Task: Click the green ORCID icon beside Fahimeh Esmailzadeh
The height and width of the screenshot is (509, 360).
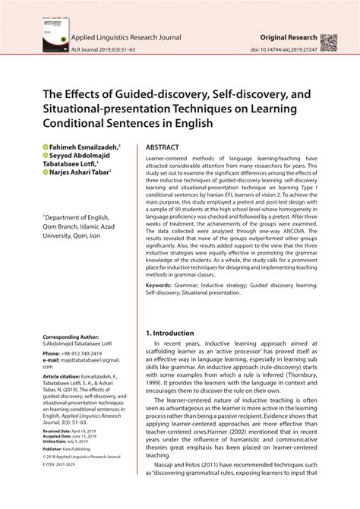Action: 45,145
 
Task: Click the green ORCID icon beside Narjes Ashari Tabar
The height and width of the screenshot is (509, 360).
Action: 45,172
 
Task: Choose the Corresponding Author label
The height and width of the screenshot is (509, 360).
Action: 71,336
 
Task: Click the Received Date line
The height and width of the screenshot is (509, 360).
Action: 73,430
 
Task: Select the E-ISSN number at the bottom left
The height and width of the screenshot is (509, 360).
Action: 65,465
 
